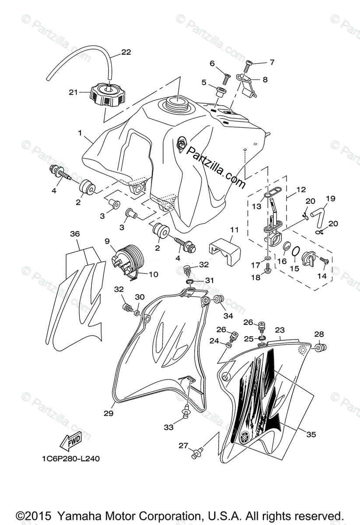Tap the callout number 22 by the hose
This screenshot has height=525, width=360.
click(x=126, y=52)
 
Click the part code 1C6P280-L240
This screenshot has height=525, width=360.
click(x=71, y=459)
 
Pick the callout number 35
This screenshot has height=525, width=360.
click(x=311, y=434)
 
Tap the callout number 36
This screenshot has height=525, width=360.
click(x=75, y=234)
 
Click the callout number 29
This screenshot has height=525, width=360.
click(x=108, y=413)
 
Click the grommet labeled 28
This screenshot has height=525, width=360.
click(x=319, y=348)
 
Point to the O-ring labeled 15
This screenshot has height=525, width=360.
click(x=296, y=252)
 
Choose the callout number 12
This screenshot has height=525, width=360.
click(x=301, y=190)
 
